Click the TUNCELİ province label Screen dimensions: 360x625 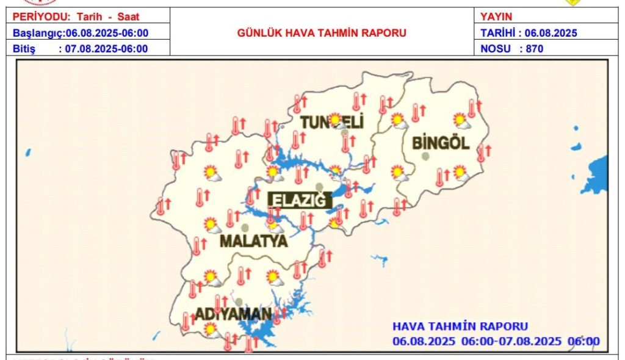coord(332,122)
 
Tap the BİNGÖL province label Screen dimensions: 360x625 coord(441,144)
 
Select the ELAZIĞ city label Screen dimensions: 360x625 coord(300,200)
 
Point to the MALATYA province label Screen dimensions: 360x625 coord(253,241)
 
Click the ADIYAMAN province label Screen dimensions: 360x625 coord(233,315)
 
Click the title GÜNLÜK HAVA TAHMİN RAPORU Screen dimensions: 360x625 coord(322,33)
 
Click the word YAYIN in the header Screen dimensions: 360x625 coord(496,17)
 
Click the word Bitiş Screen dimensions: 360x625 coord(24,49)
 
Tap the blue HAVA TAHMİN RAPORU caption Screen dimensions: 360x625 coord(460,326)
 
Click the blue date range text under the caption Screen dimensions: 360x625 coord(496,341)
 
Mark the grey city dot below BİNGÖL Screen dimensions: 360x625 coord(425,156)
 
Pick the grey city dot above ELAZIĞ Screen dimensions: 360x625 coord(318,187)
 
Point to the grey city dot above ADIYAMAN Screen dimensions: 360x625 coord(239,302)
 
